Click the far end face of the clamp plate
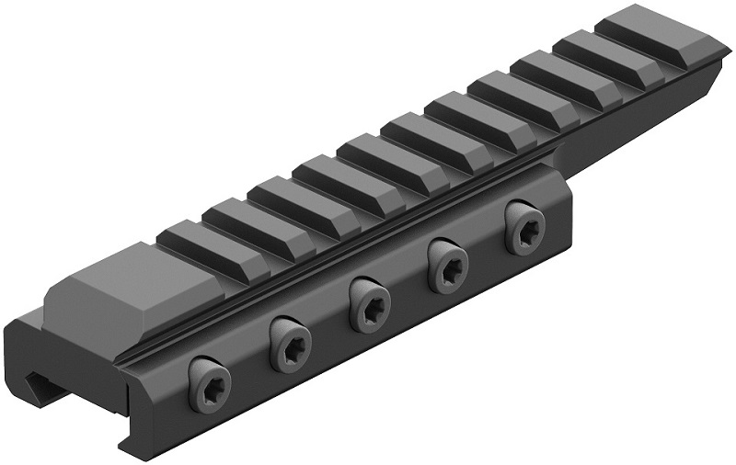tap(567, 207)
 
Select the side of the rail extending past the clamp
tap(644, 119)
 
